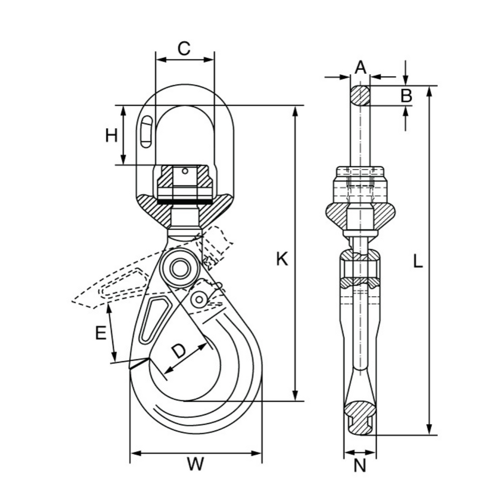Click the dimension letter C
(184, 49)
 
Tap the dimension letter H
(111, 135)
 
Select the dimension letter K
(282, 259)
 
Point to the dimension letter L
(417, 261)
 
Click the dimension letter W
(196, 464)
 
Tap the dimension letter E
(101, 333)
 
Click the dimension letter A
(361, 67)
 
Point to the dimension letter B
(406, 95)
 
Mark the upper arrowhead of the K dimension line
(296, 111)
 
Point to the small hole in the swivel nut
(185, 171)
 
